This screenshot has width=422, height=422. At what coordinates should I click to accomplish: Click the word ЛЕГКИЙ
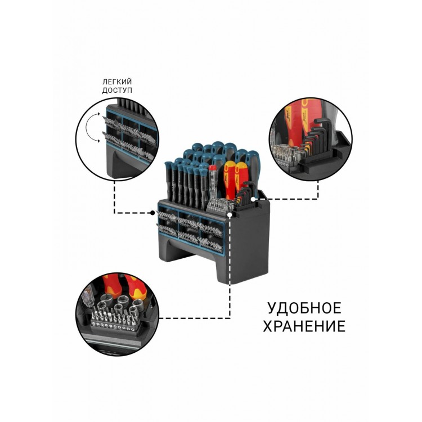[117, 82]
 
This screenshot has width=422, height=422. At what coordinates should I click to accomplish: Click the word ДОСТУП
[117, 90]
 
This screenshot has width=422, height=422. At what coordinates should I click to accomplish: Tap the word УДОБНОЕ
[304, 308]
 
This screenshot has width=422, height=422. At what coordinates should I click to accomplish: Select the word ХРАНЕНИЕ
[304, 326]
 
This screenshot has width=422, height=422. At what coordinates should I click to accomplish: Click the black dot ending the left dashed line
[152, 213]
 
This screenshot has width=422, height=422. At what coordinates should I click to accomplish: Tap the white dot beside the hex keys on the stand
[253, 199]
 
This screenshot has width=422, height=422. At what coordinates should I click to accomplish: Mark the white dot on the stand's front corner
[230, 215]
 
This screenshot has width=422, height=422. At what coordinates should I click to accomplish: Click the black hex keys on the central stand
[244, 194]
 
